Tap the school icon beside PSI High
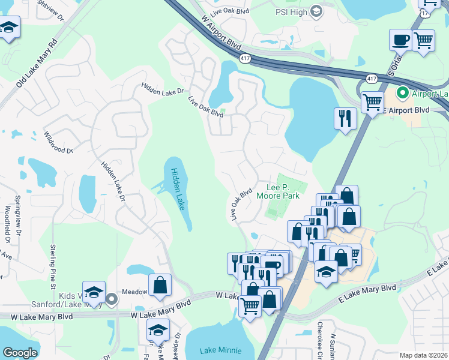tap(316, 11)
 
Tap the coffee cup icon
tap(400, 41)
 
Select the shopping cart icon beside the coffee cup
tap(424, 41)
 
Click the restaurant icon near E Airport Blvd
tap(345, 118)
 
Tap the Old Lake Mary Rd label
tap(37, 63)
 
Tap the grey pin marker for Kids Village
tap(111, 299)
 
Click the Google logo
tap(20, 353)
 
